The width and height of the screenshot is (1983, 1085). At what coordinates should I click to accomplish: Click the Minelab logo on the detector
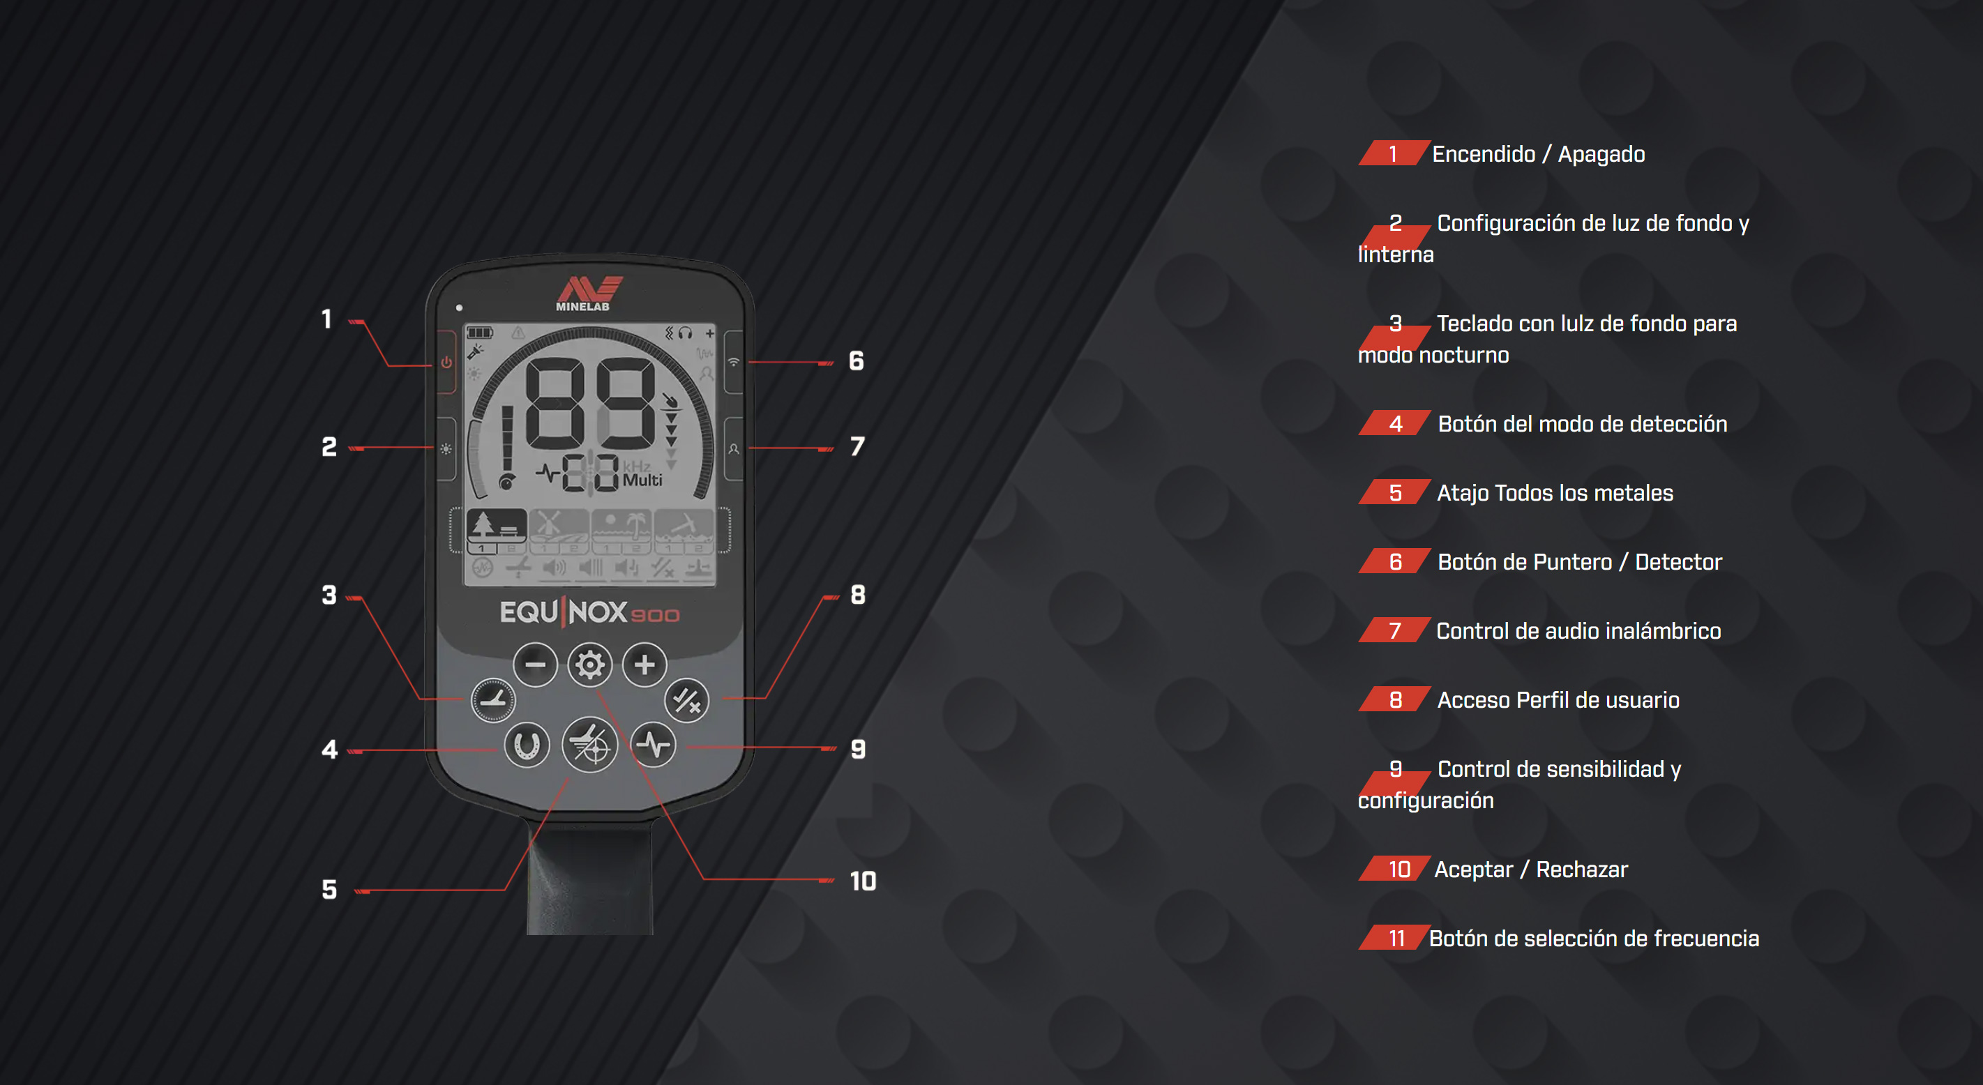click(589, 293)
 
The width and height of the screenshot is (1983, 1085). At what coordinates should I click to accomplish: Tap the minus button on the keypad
click(535, 664)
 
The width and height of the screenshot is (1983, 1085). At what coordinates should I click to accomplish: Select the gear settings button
click(589, 664)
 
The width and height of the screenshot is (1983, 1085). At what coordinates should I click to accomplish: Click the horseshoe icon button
click(527, 745)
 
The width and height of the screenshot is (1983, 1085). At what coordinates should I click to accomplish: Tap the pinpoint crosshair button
click(589, 744)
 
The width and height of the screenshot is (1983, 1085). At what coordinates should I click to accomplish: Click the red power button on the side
click(446, 363)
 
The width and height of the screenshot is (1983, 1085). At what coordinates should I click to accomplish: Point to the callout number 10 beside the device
click(863, 881)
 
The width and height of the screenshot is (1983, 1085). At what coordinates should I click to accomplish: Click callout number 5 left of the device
click(329, 890)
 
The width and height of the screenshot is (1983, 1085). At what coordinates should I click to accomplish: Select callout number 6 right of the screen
click(856, 361)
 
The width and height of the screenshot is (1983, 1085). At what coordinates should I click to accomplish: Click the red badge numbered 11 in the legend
click(1394, 938)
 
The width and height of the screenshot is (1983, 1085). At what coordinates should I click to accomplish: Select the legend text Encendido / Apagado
click(1538, 154)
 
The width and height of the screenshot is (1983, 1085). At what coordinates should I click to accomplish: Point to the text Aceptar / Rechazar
click(1531, 870)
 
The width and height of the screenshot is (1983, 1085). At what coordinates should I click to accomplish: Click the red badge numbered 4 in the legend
click(1394, 423)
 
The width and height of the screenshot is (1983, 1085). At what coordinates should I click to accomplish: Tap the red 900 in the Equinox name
click(655, 616)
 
